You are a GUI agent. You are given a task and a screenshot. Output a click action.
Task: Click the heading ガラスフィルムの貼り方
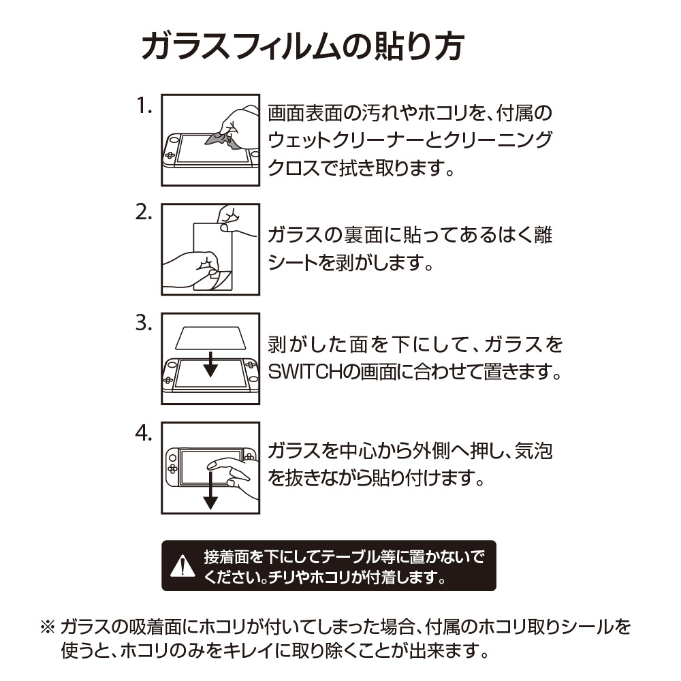pos(303,46)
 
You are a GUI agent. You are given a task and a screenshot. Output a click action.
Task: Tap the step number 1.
pos(144,106)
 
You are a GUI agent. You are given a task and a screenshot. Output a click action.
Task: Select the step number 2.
pos(144,212)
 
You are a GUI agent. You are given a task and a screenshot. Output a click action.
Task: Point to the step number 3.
pos(144,323)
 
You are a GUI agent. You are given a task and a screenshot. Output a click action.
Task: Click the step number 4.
pos(144,433)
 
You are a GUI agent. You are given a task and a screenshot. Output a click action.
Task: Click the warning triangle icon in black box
pos(183,565)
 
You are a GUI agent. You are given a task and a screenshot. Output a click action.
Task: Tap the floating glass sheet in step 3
pos(210,338)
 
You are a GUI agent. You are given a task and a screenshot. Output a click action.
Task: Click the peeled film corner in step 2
pos(221,279)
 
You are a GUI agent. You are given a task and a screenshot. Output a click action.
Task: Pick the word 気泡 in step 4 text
pos(533,451)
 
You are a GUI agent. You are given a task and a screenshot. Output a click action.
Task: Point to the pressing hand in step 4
pos(233,477)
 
